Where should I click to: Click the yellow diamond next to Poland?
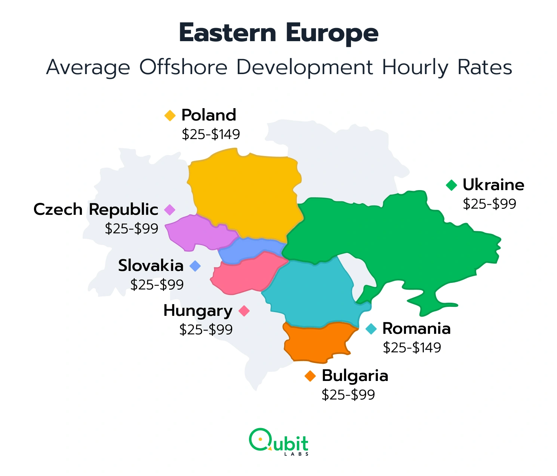170,115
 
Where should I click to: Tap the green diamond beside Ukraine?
452,185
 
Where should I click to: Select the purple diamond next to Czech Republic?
170,210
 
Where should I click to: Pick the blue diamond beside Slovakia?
195,266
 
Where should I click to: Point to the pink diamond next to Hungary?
244,311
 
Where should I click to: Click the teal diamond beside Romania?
371,329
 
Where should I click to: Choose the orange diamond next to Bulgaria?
310,376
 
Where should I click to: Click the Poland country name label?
209,115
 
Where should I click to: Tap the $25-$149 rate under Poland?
211,134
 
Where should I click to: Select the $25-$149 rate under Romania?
412,348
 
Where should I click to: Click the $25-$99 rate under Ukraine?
489,204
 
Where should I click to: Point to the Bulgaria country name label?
355,376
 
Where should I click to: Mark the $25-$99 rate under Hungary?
206,330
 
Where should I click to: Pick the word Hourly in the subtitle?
415,68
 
